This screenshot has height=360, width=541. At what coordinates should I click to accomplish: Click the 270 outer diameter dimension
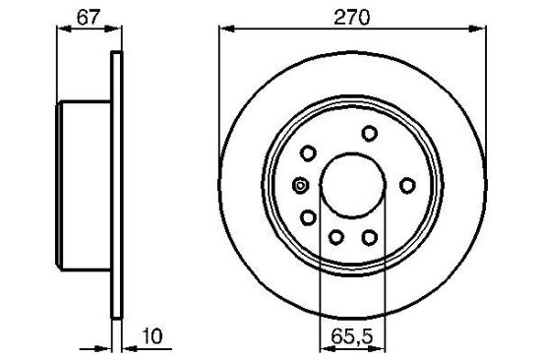tap(351, 18)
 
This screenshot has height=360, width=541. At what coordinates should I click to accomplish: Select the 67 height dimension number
tap(89, 18)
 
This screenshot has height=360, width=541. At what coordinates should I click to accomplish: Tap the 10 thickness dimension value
tap(151, 335)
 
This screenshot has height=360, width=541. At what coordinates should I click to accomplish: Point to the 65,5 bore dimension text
tap(352, 335)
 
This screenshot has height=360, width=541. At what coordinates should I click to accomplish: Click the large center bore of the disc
tap(352, 185)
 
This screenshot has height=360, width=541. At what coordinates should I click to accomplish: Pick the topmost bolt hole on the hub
tap(370, 133)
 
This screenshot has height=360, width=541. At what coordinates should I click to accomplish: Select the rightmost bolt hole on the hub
tap(407, 185)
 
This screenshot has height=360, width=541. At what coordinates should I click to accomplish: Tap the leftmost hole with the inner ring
tap(300, 186)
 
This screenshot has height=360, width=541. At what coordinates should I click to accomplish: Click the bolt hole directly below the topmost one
tap(370, 237)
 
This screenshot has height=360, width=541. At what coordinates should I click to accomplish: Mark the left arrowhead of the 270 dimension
tap(226, 29)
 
